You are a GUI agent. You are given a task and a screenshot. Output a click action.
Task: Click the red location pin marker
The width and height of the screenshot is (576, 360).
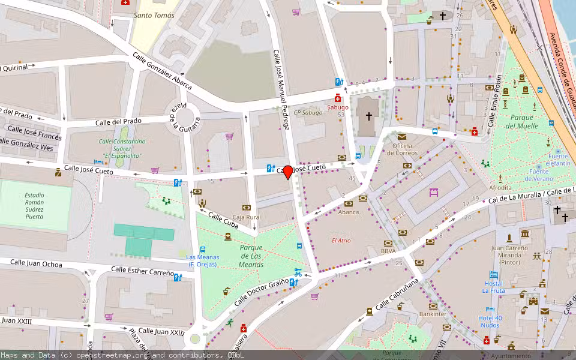tap(288, 172)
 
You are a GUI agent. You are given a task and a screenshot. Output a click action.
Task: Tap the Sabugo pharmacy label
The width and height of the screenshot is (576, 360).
tap(337, 107)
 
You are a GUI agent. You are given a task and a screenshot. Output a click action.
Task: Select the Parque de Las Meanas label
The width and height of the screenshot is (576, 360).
tap(251, 256)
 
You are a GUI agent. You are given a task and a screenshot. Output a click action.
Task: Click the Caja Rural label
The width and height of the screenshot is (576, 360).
tap(246, 217)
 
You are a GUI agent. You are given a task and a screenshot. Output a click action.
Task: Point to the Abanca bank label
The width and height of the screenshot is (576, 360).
tap(349, 212)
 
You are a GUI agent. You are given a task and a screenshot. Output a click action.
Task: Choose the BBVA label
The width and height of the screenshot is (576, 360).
tap(388, 251)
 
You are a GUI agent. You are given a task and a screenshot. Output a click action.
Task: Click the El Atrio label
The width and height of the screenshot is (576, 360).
tap(341, 241)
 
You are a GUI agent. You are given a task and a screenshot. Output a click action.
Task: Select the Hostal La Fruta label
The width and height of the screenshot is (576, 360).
tap(493, 287)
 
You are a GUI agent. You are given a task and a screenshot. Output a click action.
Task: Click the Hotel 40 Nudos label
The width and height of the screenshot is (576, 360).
tap(490, 321)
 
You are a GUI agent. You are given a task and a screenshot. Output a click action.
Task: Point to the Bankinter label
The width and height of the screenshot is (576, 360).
tap(433, 314)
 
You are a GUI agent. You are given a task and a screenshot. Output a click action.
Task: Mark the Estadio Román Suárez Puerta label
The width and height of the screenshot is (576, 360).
tap(34, 205)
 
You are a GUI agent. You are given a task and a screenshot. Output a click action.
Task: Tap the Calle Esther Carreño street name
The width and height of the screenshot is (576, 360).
tap(143, 271)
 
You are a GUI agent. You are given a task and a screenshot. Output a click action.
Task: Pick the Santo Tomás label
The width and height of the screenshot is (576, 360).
tap(154, 16)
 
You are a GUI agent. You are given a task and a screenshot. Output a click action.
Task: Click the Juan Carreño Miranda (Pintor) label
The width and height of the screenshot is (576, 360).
tap(513, 254)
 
